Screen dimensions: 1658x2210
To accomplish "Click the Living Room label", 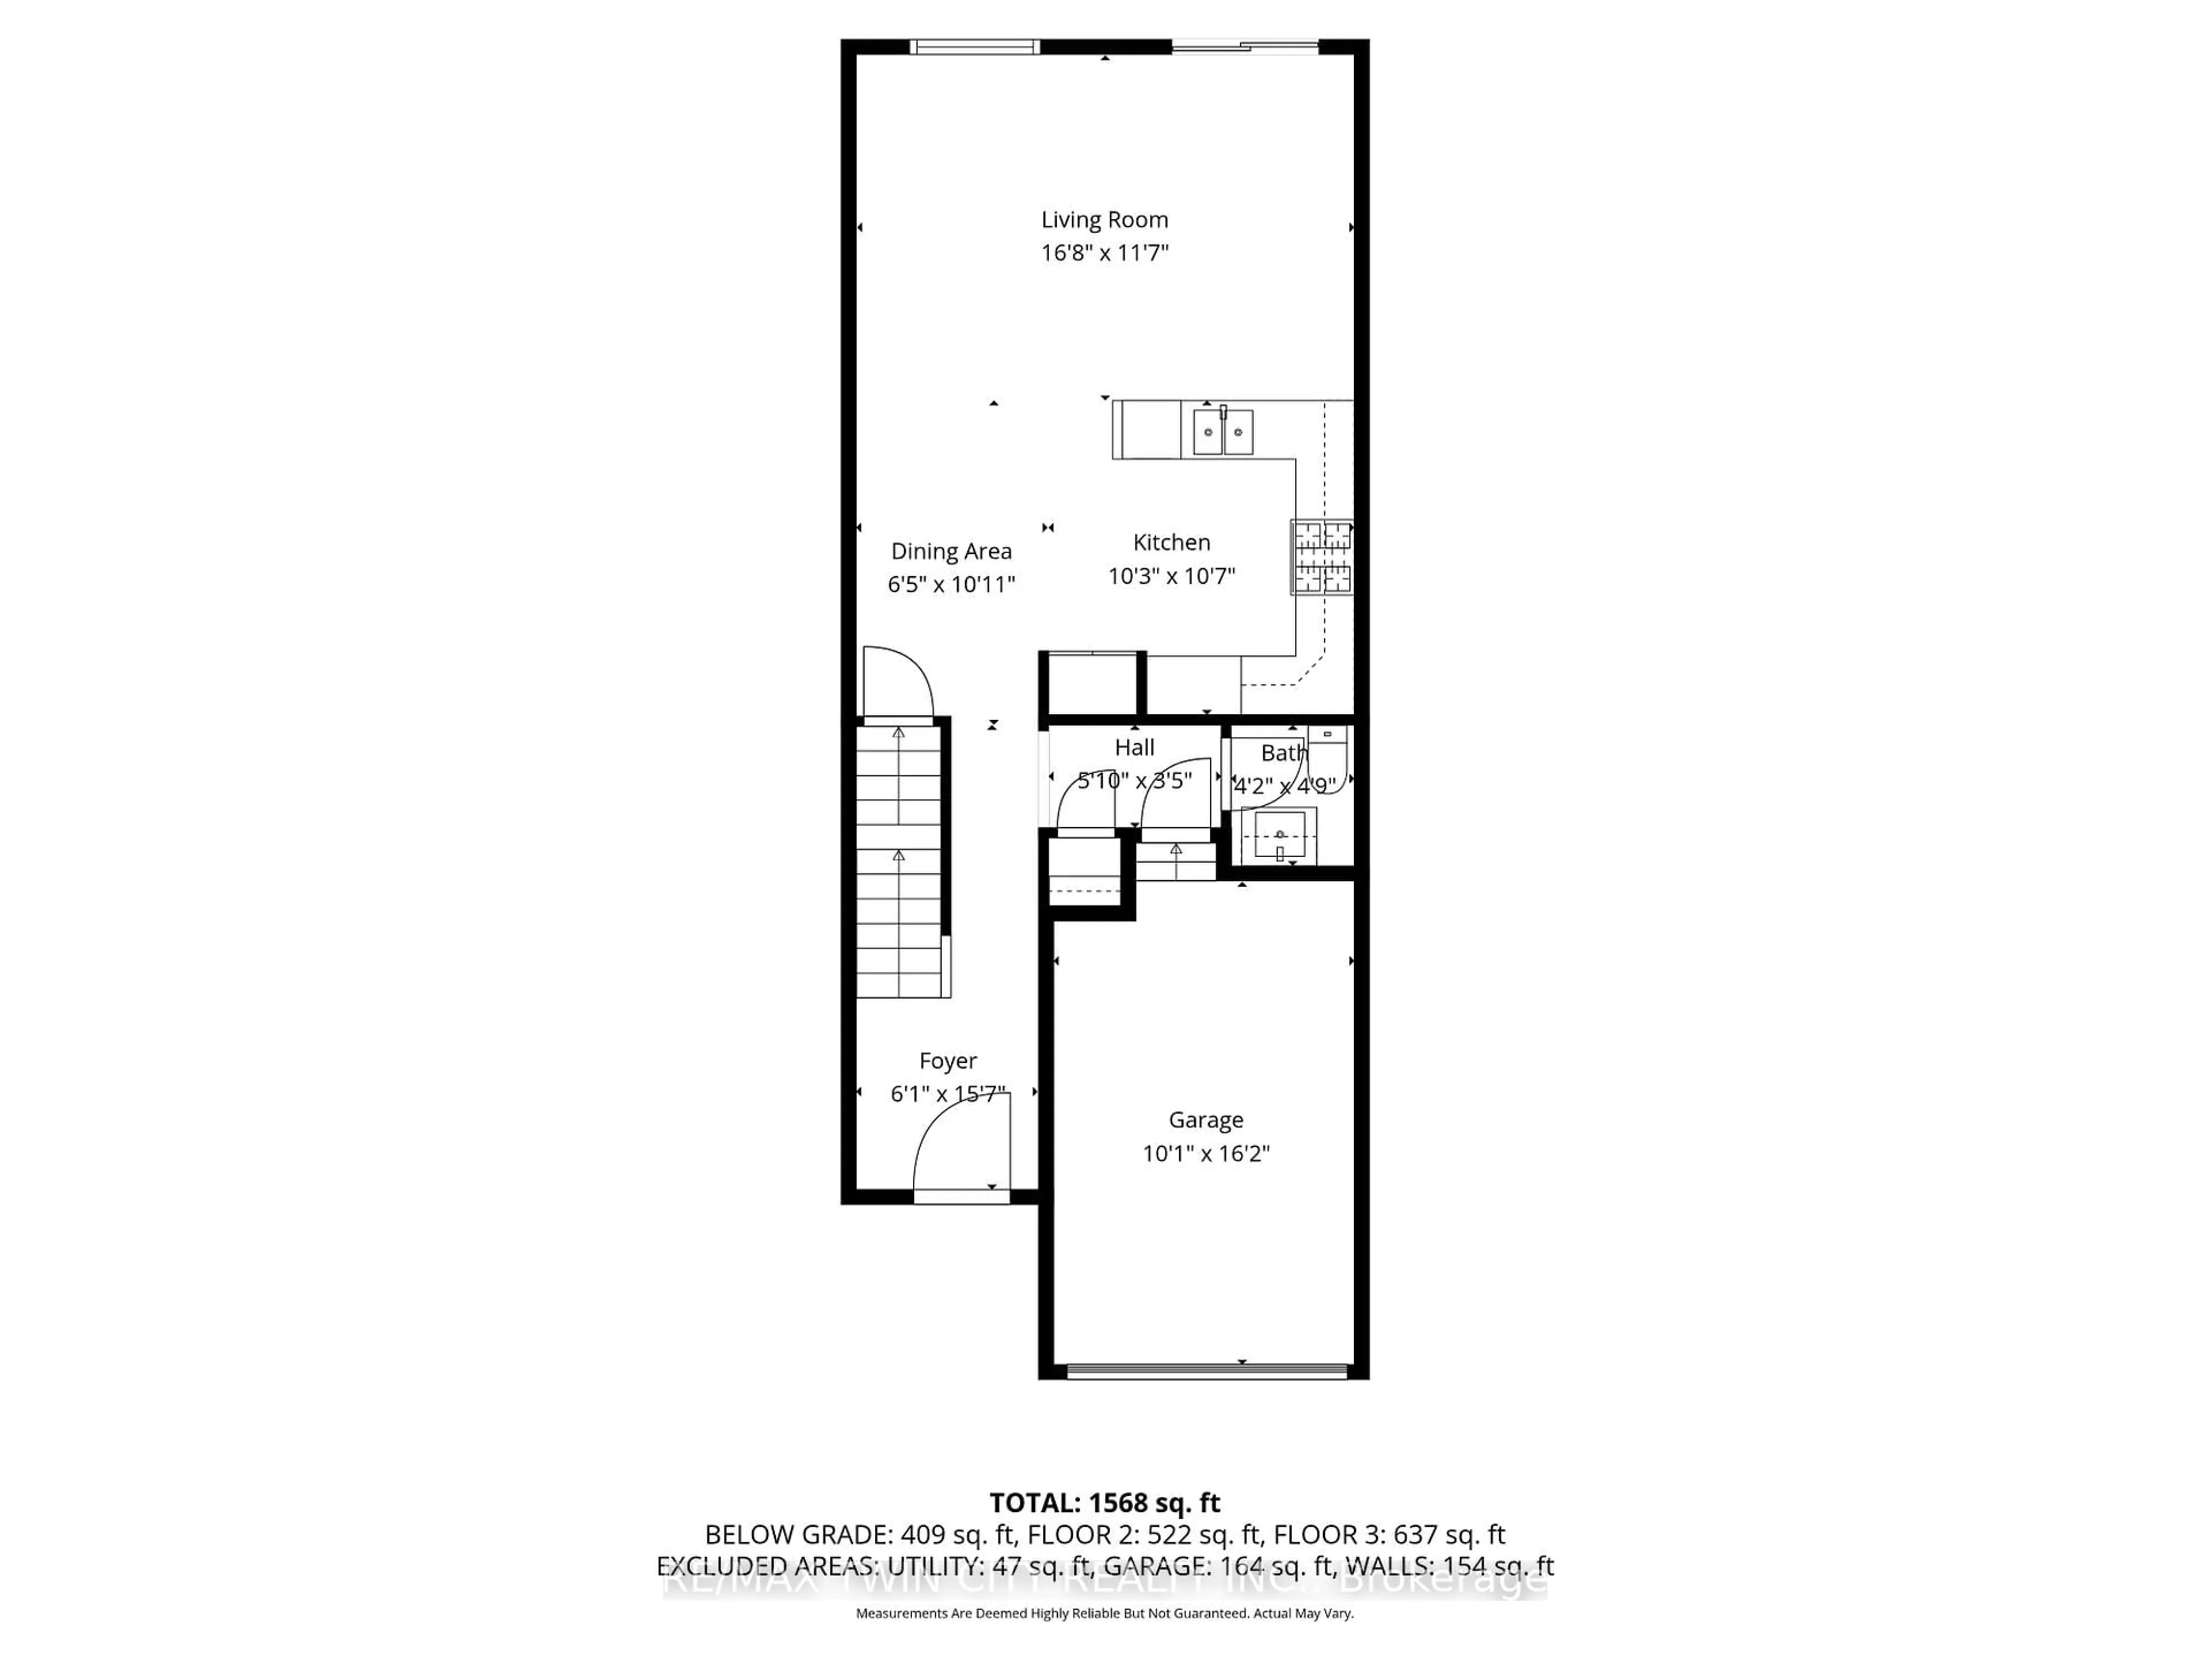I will tap(1104, 220).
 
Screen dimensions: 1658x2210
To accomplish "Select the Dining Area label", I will tap(951, 551).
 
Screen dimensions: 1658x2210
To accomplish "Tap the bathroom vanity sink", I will tap(1279, 835).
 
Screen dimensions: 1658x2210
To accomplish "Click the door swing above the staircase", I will tap(897, 683).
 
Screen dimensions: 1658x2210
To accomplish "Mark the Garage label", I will tap(1206, 1120).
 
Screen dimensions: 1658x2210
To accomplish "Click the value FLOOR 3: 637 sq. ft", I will tap(1389, 1534).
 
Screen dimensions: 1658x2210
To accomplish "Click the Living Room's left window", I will tap(974, 46).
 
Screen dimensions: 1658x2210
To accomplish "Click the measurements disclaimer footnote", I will tap(1104, 1613).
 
